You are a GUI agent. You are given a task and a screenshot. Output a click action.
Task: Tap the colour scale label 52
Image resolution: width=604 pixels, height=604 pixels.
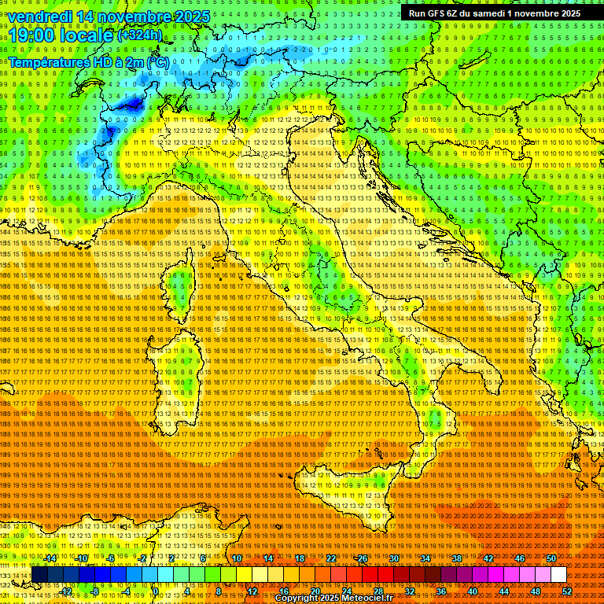pos(566,591)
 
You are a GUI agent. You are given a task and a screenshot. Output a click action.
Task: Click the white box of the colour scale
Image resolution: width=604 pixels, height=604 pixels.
pos(558,575)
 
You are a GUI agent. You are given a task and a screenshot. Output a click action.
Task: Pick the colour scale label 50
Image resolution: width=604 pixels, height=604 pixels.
pos(551,558)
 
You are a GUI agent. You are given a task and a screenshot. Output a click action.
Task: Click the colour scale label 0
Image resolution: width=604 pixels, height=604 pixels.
pos(156,591)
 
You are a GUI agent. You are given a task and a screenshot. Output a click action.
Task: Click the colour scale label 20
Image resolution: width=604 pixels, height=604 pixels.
pos(315,591)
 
